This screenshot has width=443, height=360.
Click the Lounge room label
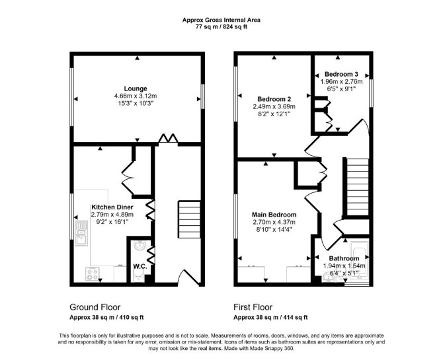point(136,89)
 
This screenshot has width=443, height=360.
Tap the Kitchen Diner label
point(112,207)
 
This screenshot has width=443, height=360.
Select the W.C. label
point(140,266)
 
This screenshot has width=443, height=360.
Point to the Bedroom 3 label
point(341,74)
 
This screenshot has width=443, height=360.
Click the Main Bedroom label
point(274,215)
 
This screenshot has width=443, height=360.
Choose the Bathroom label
point(344,258)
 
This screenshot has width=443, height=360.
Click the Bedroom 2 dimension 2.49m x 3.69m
point(274,107)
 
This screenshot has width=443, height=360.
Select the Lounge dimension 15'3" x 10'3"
point(136,103)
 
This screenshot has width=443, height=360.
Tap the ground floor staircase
point(189,219)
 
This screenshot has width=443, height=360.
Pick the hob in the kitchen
point(93,273)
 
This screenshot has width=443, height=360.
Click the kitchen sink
point(81,233)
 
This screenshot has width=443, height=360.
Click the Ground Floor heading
point(95,307)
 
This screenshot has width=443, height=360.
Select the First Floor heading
point(253,307)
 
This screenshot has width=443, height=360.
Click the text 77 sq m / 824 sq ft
point(221,27)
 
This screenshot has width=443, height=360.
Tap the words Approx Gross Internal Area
point(221,20)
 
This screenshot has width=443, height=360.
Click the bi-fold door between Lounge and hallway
point(168,139)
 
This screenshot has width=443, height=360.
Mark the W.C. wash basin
point(140,245)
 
